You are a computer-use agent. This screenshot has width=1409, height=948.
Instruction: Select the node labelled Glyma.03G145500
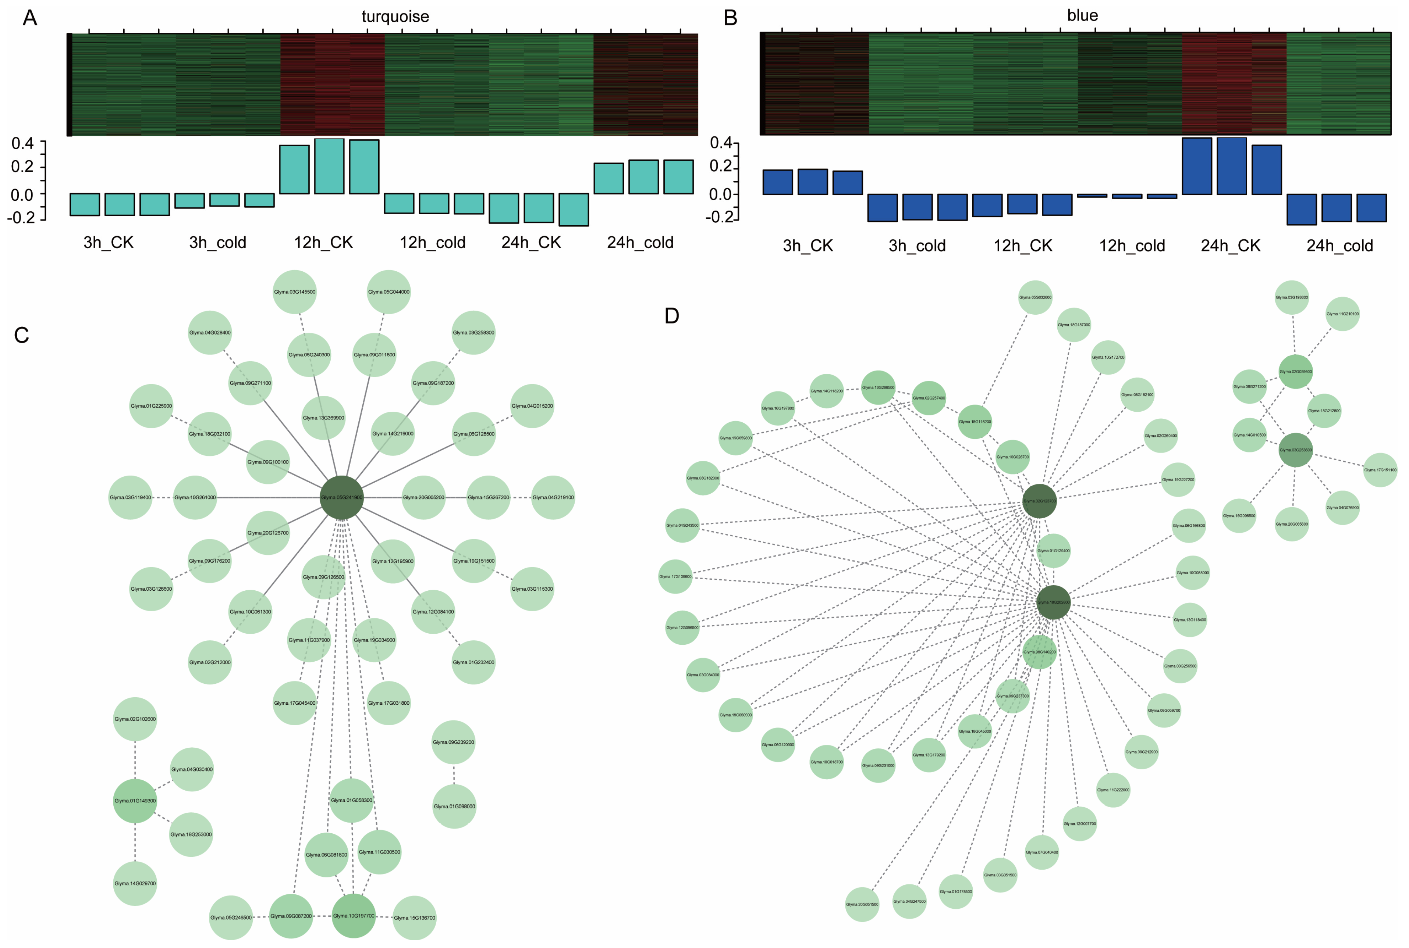click(x=295, y=292)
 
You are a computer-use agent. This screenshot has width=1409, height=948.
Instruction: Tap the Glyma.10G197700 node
click(x=354, y=916)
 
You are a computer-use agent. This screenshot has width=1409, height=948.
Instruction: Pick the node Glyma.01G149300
click(x=135, y=801)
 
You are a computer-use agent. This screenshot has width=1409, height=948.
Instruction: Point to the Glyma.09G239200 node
click(x=453, y=743)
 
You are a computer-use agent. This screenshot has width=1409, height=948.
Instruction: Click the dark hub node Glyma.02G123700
click(x=1039, y=501)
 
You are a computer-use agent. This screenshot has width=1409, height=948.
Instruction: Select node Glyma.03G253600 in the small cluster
click(x=1295, y=450)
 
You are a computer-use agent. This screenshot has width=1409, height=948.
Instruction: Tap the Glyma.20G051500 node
click(x=862, y=905)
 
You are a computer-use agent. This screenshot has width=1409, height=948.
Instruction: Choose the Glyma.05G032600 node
click(x=1035, y=297)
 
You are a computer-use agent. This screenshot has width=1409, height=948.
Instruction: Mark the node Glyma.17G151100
click(x=1380, y=470)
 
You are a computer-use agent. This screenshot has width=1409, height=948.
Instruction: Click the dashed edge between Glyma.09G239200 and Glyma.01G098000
click(x=454, y=774)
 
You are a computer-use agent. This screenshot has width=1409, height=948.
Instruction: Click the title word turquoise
click(x=395, y=16)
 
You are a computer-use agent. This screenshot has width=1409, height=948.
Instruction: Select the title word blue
click(x=1082, y=15)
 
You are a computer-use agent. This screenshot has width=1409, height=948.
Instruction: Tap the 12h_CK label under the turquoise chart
click(x=323, y=243)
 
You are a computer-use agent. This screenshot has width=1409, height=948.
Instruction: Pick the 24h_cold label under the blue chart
click(x=1339, y=246)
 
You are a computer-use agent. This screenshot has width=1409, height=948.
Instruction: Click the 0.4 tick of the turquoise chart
click(x=22, y=143)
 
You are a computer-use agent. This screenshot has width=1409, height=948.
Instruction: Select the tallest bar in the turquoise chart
click(x=329, y=166)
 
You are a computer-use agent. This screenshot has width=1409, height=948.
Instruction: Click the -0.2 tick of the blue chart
click(x=719, y=217)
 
